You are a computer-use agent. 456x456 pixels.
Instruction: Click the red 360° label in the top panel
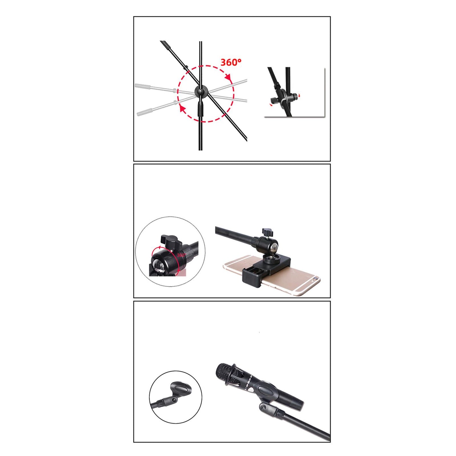tap(231, 62)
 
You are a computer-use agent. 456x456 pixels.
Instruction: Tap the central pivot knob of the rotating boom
tap(201, 92)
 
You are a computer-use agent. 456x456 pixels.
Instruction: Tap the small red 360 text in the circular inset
tap(181, 255)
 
